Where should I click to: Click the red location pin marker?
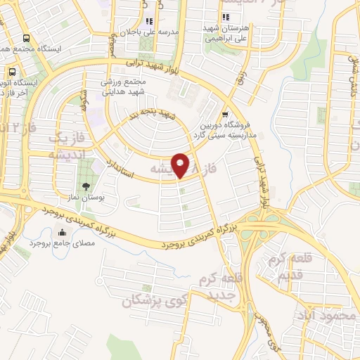click(x=181, y=165)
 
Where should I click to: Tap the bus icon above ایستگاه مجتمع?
click(x=26, y=39)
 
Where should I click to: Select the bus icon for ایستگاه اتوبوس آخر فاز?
click(x=12, y=72)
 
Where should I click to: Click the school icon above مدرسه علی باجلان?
click(x=150, y=21)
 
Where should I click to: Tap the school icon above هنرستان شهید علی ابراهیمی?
click(x=225, y=18)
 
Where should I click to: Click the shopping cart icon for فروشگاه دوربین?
click(x=224, y=115)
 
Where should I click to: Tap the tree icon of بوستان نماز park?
click(x=86, y=187)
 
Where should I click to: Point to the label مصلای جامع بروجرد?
click(x=65, y=246)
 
